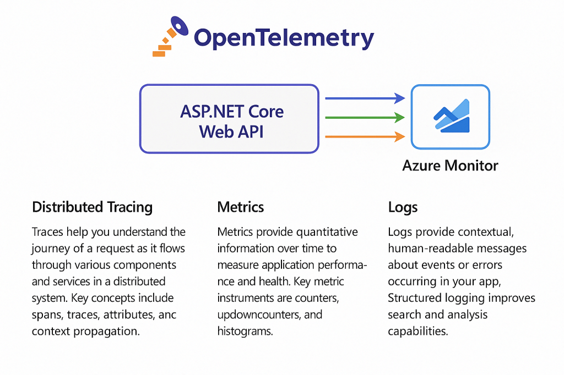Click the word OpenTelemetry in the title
coord(284,38)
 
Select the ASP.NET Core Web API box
coord(229,118)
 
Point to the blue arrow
coord(365,98)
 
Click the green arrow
coord(365,117)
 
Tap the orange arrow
coord(365,136)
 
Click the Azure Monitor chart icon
coord(451,117)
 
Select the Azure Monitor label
coord(450,166)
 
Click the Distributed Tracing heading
coord(92,207)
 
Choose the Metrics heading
coord(241,207)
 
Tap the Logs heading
coord(403,207)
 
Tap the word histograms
coord(244,331)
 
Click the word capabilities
coord(419,331)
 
